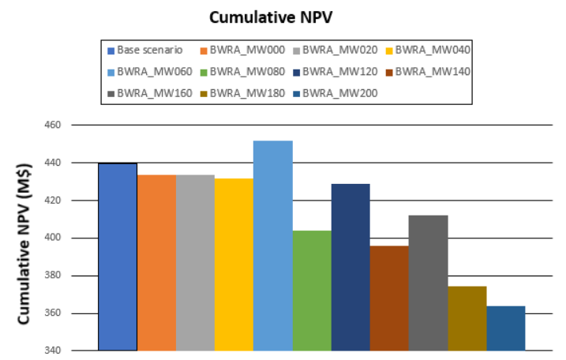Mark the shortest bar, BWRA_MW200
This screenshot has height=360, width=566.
click(505, 327)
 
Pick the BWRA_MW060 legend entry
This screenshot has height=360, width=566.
click(149, 72)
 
